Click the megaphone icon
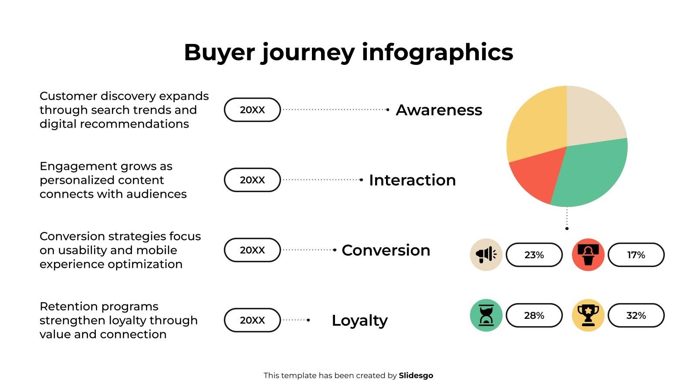(486, 255)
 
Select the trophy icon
(588, 315)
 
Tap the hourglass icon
(486, 315)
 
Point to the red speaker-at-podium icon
(588, 255)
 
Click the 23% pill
(534, 255)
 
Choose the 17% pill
(636, 255)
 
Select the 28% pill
(534, 315)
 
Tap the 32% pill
(636, 315)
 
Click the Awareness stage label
(439, 110)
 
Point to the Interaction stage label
(413, 180)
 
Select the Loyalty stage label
(360, 321)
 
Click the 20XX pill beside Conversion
(252, 250)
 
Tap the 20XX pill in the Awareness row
(252, 110)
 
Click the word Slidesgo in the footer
(416, 376)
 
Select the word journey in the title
(308, 53)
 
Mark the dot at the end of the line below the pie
(567, 229)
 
